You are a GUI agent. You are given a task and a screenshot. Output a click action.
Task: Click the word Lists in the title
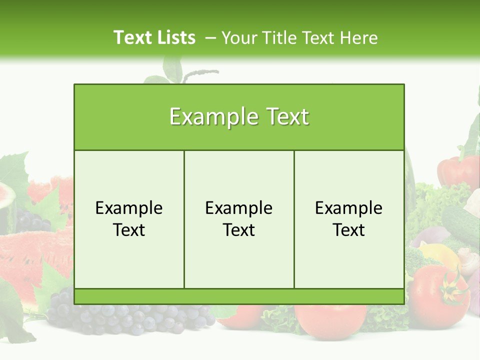(175, 37)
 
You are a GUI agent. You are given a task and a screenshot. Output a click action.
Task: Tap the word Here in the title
(359, 38)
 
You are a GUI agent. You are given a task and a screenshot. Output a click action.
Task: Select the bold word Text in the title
(132, 37)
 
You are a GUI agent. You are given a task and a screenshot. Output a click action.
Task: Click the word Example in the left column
(129, 208)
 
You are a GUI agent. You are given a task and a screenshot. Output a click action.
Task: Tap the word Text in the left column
(129, 230)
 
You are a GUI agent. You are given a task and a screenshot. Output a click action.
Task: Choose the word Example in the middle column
(239, 208)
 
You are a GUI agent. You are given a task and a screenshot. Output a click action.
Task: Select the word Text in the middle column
(239, 230)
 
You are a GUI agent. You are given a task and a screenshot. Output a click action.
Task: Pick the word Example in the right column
(349, 208)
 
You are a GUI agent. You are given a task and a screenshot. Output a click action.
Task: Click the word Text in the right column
(349, 230)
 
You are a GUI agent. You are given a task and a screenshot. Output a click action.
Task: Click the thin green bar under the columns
(239, 296)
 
